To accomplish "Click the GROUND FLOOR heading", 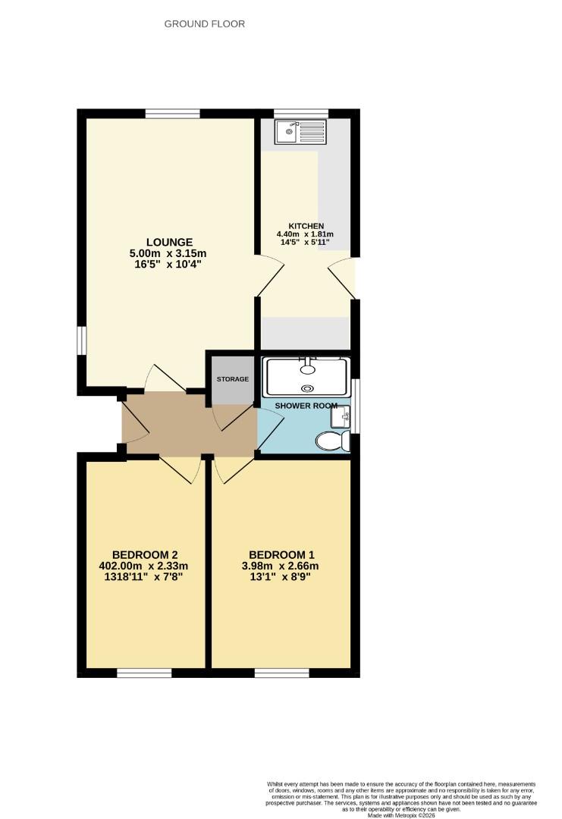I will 205,24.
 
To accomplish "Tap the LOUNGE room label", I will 168,243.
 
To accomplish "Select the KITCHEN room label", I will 306,226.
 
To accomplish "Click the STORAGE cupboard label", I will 233,379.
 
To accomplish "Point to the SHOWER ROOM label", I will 306,406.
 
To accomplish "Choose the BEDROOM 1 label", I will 281,554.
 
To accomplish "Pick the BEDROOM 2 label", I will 144,554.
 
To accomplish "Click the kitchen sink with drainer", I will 301,133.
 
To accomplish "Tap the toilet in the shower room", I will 331,441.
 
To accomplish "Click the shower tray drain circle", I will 306,388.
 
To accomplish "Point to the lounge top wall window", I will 173,114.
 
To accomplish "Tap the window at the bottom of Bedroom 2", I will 144,673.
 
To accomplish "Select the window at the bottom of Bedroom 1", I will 281,673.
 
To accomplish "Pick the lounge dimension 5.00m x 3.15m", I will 168,254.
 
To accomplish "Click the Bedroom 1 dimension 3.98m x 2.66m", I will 281,566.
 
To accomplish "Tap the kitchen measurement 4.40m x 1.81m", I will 306,234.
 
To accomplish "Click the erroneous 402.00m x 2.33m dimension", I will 143,566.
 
